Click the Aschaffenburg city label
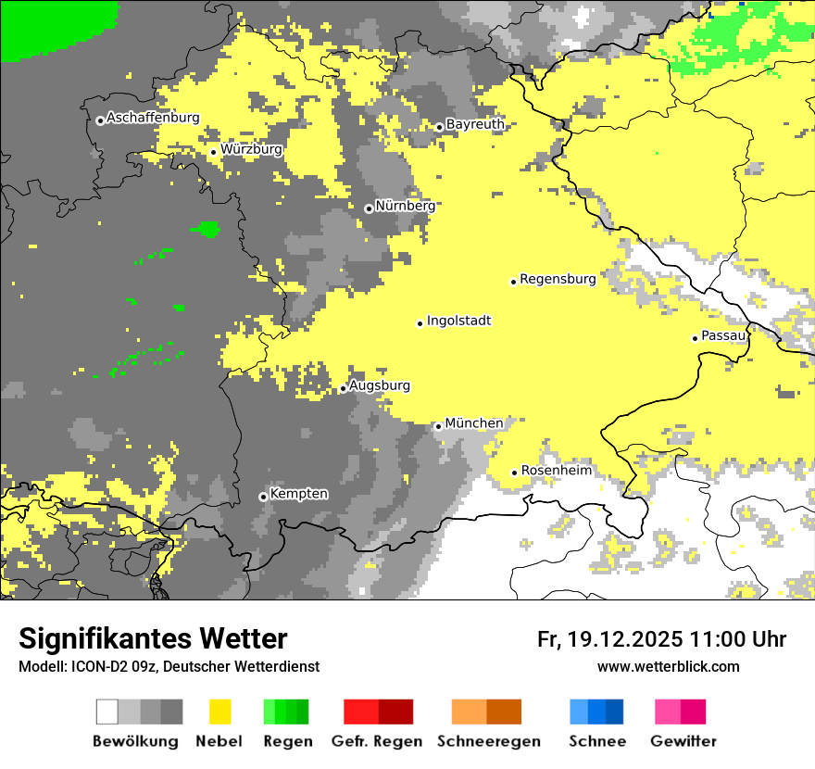tap(153, 118)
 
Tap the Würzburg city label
tap(251, 149)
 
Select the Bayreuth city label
tap(475, 124)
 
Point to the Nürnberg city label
tap(405, 206)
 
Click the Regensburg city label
tap(558, 279)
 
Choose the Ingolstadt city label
tap(458, 321)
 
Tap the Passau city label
tap(723, 335)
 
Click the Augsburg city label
tap(380, 385)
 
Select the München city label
tap(474, 423)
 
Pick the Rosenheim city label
tap(556, 471)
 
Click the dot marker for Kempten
tap(263, 497)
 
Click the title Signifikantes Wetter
tap(153, 638)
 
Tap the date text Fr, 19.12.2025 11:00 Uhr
tap(661, 639)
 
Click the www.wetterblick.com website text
tap(668, 666)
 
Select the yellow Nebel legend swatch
tap(219, 712)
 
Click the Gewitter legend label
tap(683, 741)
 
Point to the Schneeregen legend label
tap(489, 741)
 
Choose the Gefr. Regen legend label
tap(377, 741)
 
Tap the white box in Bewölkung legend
tap(107, 712)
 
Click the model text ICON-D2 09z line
tap(169, 666)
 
